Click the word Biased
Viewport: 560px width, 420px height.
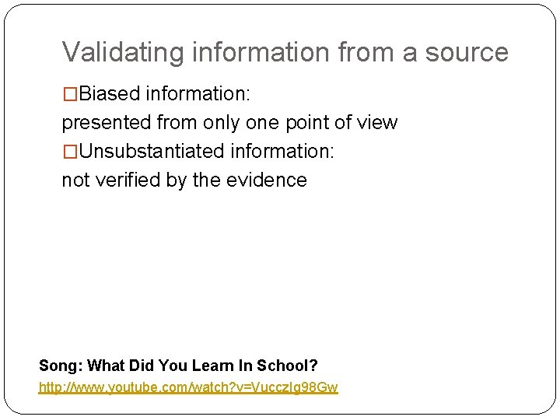point(110,94)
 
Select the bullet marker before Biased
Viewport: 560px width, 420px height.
point(70,94)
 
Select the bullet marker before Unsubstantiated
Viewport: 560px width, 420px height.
point(70,151)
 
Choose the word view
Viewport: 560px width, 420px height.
point(378,123)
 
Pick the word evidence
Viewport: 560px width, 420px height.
point(267,180)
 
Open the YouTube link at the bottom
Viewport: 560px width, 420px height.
point(188,387)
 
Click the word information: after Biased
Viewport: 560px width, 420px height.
point(198,94)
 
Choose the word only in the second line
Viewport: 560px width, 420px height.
point(222,123)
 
